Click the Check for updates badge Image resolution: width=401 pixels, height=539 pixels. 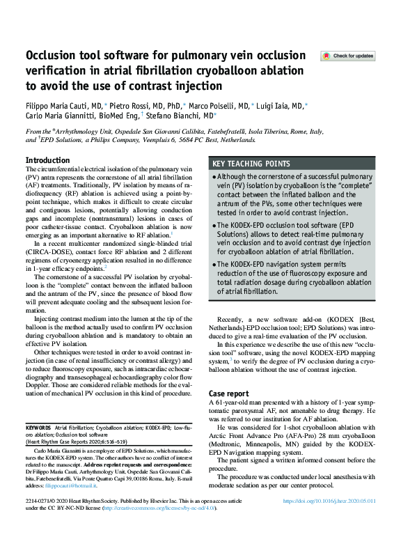(x=347, y=56)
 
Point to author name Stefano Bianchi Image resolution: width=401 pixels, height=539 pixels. (x=187, y=117)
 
